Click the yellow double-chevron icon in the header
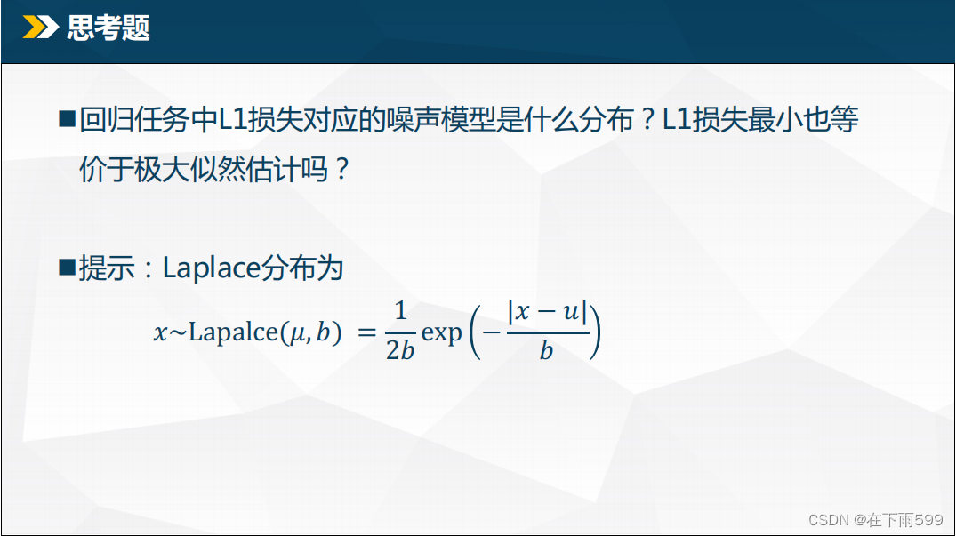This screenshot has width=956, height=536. (x=40, y=28)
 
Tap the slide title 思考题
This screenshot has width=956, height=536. (x=108, y=28)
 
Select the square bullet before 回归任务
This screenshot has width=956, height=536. (x=67, y=119)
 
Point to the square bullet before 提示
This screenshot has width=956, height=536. (x=67, y=268)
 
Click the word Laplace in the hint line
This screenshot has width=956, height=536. (x=212, y=268)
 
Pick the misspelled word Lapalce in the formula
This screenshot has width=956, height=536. (x=233, y=332)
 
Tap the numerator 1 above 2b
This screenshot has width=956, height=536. (x=400, y=311)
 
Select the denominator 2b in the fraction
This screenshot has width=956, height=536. (x=400, y=350)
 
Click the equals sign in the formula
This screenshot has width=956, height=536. (x=366, y=332)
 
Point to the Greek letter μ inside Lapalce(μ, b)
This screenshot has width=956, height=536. (x=297, y=334)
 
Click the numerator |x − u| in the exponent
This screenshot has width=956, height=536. (x=548, y=312)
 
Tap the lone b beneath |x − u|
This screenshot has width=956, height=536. (x=546, y=350)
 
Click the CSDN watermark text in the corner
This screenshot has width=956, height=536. (x=876, y=519)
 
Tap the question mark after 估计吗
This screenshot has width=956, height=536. (x=342, y=169)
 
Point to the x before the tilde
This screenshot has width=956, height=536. (x=160, y=334)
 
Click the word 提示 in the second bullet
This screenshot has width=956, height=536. (x=107, y=268)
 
